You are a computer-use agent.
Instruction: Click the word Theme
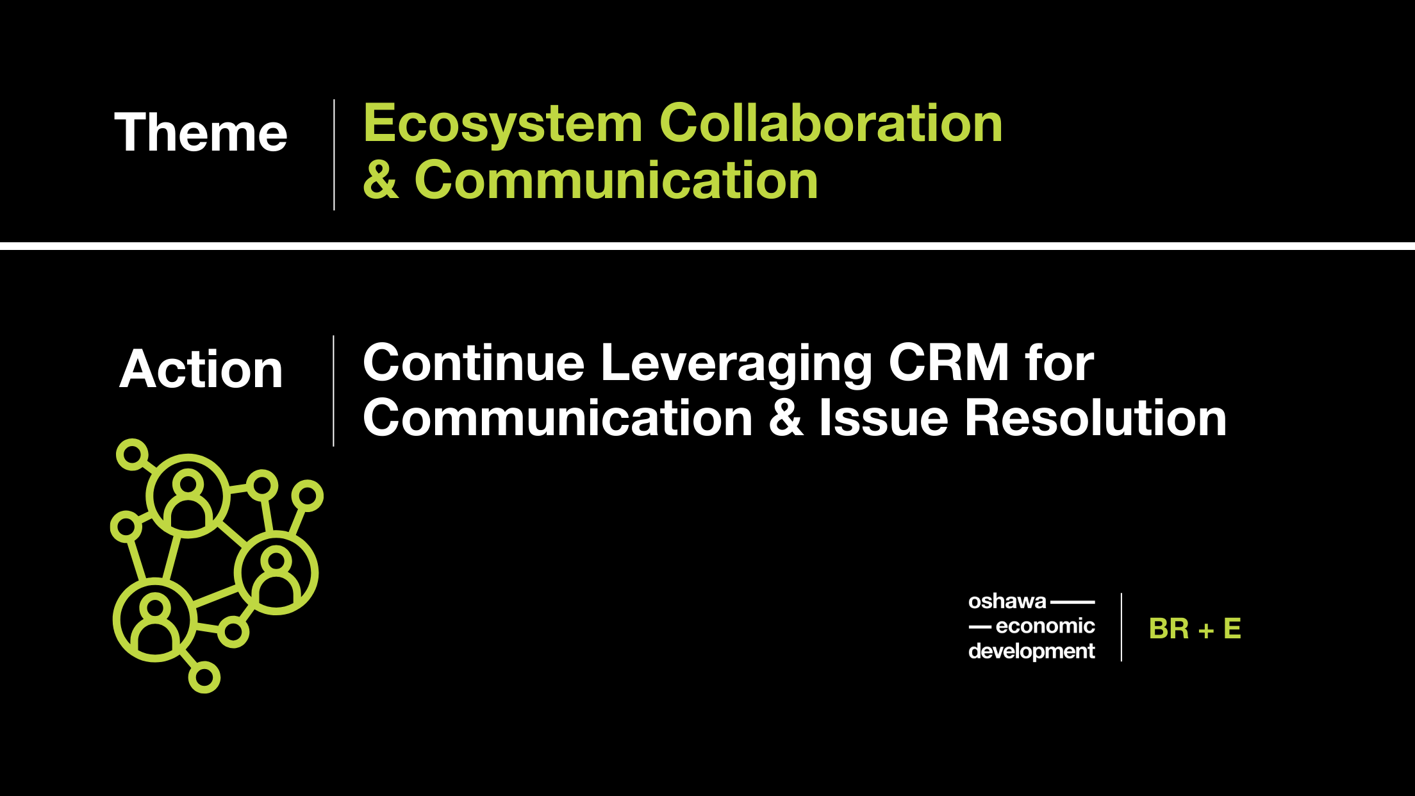click(201, 132)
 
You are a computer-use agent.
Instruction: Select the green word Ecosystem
click(503, 124)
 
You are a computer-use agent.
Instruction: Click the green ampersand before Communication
click(381, 180)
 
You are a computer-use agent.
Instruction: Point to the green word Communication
click(616, 180)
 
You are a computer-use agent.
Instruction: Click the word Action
click(201, 369)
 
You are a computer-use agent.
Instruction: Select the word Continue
click(474, 363)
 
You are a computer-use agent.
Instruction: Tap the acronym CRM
click(949, 363)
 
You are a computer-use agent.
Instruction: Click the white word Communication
click(558, 418)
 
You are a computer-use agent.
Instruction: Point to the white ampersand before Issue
click(786, 418)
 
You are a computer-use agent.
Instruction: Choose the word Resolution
click(1096, 418)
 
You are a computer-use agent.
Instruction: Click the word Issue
click(884, 418)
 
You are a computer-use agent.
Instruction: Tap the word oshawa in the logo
click(1007, 601)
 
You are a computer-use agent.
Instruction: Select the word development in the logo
click(1032, 651)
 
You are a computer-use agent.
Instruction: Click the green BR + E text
click(1195, 629)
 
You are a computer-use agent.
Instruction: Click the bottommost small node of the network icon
click(204, 677)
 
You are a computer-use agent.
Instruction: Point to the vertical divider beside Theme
click(334, 154)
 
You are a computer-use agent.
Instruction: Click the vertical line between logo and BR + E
click(1121, 627)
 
